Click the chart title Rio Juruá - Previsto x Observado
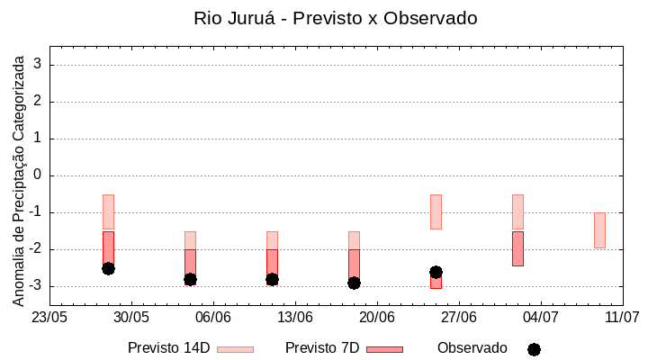[x=335, y=18]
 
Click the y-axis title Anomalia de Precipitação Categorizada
[x=19, y=178]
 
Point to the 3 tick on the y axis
[x=39, y=65]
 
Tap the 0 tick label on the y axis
[x=39, y=175]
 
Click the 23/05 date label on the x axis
[x=49, y=317]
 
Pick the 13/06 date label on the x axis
[x=294, y=317]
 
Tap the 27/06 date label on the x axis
[x=458, y=317]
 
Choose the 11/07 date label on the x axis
[x=622, y=317]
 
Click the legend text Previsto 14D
[x=168, y=348]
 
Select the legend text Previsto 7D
[x=321, y=348]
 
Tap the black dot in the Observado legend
[x=534, y=349]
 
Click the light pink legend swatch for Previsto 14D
[x=235, y=349]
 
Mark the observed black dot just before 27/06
[x=436, y=272]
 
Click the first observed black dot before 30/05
[x=108, y=268]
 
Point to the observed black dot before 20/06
[x=354, y=283]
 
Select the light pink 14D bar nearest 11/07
[x=599, y=230]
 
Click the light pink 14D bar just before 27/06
[x=436, y=211]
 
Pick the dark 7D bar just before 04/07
[x=517, y=248]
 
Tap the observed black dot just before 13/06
[x=272, y=279]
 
